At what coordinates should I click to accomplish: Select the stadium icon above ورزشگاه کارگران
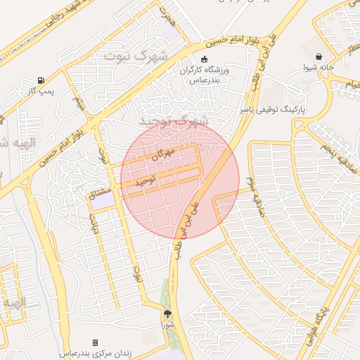205,60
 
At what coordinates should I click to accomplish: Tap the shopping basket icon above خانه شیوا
320,57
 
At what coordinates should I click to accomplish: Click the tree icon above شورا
167,314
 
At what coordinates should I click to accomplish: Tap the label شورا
167,325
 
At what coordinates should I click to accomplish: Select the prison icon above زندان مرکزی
96,342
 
